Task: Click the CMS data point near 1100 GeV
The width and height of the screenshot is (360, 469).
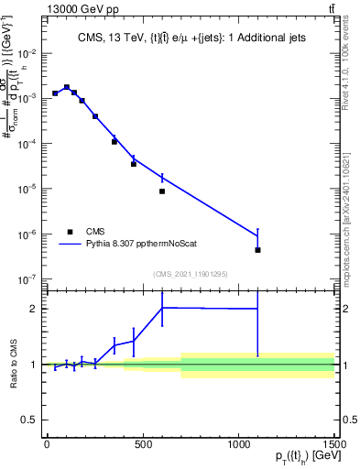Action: (258, 250)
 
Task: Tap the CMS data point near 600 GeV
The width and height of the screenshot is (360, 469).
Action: (162, 191)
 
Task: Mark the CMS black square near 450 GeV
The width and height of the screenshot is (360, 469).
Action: (134, 164)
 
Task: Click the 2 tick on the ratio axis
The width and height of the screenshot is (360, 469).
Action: (35, 309)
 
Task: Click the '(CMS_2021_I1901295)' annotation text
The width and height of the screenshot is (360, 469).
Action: (190, 274)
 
